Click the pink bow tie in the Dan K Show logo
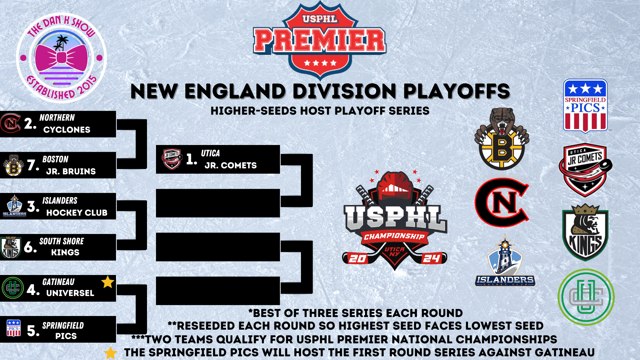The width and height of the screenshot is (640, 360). pyautogui.click(x=61, y=58)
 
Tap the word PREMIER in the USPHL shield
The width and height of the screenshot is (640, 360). pyautogui.click(x=320, y=41)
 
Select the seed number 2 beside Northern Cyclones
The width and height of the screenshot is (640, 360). pyautogui.click(x=30, y=124)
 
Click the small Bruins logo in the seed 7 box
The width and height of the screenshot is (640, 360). pyautogui.click(x=13, y=165)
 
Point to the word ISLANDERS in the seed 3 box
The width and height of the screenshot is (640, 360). pyautogui.click(x=60, y=201)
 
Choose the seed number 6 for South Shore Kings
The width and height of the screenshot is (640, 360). pyautogui.click(x=30, y=247)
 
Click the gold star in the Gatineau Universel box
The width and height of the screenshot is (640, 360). pyautogui.click(x=108, y=282)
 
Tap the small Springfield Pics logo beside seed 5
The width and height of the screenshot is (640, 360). pyautogui.click(x=14, y=328)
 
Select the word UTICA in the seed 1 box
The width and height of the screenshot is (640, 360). pyautogui.click(x=210, y=153)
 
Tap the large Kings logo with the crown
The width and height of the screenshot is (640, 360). pyautogui.click(x=585, y=232)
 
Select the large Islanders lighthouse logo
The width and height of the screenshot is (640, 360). pyautogui.click(x=505, y=261)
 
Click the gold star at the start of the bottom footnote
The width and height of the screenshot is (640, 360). pyautogui.click(x=110, y=353)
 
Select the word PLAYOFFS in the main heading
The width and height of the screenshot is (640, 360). pyautogui.click(x=457, y=91)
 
